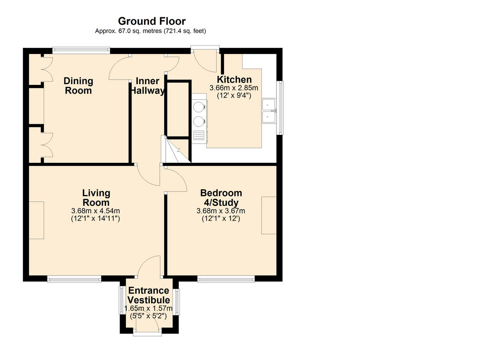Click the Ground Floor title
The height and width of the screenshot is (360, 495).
(152, 21)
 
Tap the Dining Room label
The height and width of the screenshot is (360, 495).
(78, 86)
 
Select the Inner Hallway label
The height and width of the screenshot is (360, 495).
(147, 86)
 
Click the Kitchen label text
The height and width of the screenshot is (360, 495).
(234, 80)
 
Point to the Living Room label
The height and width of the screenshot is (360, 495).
(96, 198)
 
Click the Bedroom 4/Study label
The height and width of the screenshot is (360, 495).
(221, 198)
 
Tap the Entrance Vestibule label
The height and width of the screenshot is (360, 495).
(149, 295)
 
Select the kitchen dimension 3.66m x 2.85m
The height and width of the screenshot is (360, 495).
(234, 88)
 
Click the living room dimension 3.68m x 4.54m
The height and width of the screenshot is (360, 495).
(95, 211)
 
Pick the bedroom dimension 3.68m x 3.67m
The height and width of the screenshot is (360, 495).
(221, 211)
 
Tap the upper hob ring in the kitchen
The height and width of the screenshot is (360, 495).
(198, 107)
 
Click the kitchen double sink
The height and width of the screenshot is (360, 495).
(269, 111)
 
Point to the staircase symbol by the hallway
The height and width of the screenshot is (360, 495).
(176, 150)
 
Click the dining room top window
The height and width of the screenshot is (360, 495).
(81, 50)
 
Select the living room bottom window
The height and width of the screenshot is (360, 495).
(74, 279)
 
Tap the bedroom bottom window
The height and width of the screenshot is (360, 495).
(226, 279)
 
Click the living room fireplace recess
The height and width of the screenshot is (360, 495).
(36, 220)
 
